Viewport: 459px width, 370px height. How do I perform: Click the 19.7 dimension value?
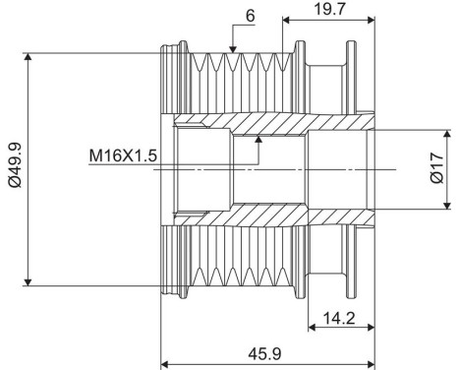pyautogui.click(x=329, y=9)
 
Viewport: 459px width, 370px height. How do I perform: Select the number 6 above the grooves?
pyautogui.click(x=250, y=16)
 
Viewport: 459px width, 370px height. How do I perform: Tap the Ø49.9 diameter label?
pyautogui.click(x=16, y=165)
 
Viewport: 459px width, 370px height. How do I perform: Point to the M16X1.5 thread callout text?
pyautogui.click(x=123, y=155)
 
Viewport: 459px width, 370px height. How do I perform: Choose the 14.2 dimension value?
pyautogui.click(x=339, y=318)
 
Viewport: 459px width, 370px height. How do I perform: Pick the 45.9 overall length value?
pyautogui.click(x=264, y=354)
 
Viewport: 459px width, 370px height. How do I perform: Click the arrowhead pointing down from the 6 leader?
pyautogui.click(x=233, y=49)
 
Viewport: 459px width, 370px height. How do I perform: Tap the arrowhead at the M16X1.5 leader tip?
pyautogui.click(x=258, y=140)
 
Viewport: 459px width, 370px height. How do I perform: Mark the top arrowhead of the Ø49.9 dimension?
pyautogui.click(x=29, y=57)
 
